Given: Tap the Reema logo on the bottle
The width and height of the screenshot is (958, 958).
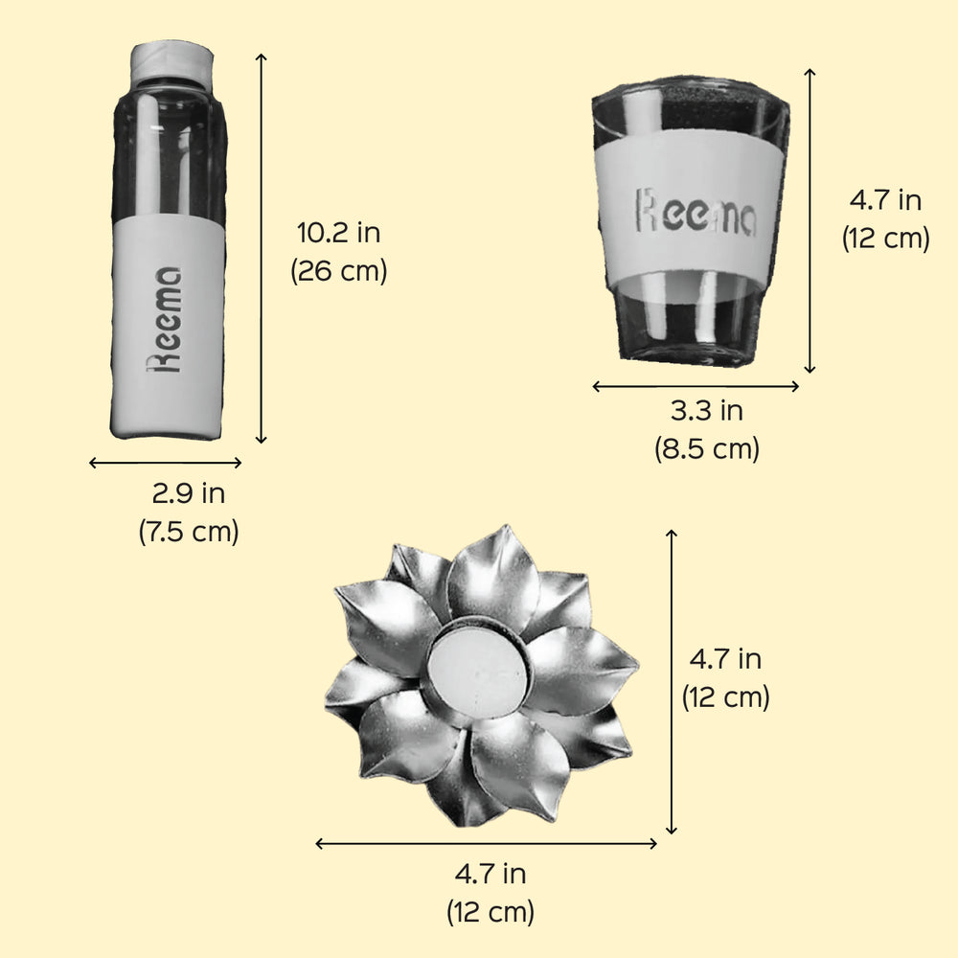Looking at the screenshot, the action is pos(165,320).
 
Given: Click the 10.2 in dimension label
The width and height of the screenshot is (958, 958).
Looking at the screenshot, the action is pos(338,233).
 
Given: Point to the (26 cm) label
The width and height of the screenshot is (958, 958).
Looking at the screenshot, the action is pos(339,271).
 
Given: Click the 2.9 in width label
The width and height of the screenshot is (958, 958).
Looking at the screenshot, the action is pos(188,493).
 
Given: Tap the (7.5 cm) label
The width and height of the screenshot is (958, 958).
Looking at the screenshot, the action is pos(188,532).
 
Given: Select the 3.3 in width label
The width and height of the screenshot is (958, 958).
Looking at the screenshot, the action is pos(707,411).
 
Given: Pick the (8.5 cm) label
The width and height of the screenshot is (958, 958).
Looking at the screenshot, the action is pos(707,449).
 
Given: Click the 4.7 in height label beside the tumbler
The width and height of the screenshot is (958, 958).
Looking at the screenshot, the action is pos(885,200).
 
